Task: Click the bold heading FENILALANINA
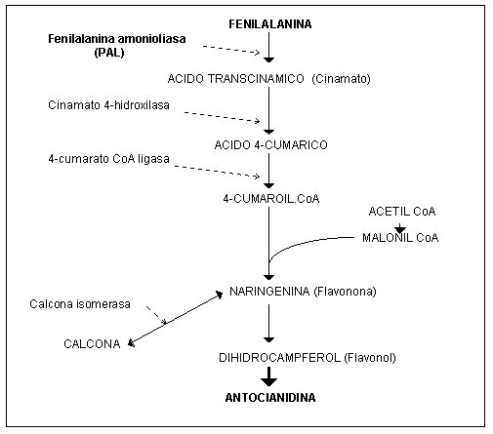[x=270, y=24]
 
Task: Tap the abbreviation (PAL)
[x=109, y=52]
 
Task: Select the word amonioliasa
[x=151, y=39]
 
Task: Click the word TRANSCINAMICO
[x=256, y=79]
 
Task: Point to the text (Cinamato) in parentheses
[x=341, y=79]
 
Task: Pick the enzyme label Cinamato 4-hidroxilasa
[x=108, y=105]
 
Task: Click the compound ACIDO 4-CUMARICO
[x=270, y=144]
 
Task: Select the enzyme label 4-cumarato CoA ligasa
[x=108, y=159]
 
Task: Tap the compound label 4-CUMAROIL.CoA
[x=271, y=199]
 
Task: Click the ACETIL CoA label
[x=402, y=212]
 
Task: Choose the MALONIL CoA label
[x=400, y=238]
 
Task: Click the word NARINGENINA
[x=269, y=292]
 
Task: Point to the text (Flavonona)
[x=345, y=292]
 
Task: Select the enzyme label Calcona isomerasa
[x=80, y=304]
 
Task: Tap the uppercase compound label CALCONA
[x=92, y=344]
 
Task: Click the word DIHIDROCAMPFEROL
[x=279, y=358]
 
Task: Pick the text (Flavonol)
[x=370, y=358]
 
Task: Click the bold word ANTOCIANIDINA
[x=270, y=398]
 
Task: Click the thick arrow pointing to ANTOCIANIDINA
[x=268, y=376]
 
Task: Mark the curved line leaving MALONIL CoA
[x=303, y=242]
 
